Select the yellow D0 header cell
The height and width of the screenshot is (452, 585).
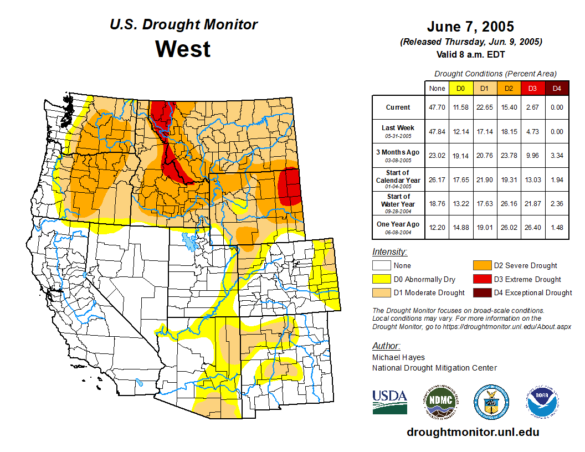point(460,88)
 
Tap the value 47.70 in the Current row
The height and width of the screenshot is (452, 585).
point(437,107)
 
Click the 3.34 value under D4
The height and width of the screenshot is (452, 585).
point(557,156)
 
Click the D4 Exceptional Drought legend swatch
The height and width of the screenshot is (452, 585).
point(481,293)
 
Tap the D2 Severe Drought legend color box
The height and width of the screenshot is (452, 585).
point(481,266)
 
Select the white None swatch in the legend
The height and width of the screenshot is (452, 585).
point(382,266)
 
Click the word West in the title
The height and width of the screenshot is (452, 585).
point(183,49)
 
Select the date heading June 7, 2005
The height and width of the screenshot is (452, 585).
point(470,26)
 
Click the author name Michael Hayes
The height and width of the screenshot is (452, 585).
point(398,357)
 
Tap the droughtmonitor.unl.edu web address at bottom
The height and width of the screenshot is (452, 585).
point(473,432)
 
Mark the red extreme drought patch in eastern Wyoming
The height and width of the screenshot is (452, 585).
point(289,186)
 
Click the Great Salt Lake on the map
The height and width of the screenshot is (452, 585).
point(189,242)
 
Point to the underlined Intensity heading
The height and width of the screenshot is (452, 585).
point(389,252)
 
